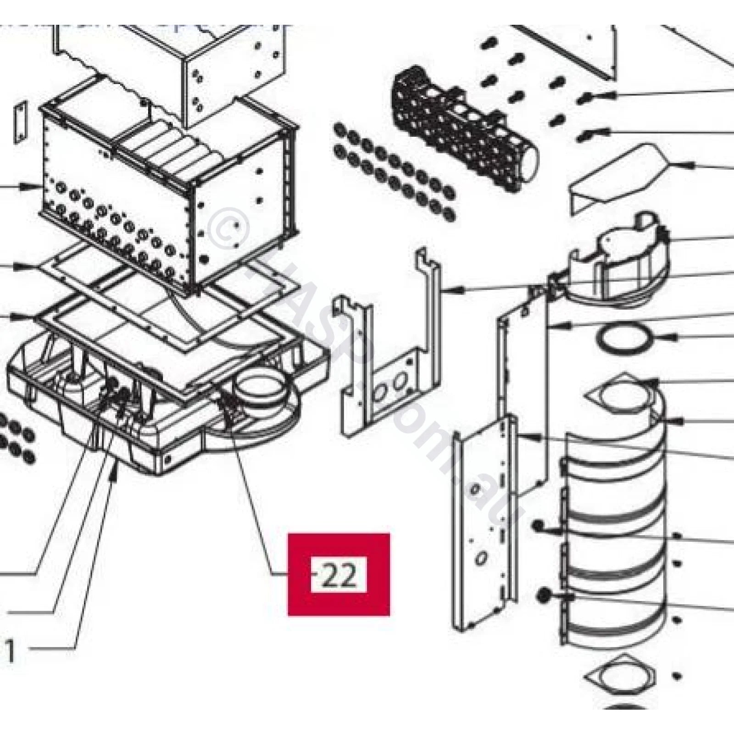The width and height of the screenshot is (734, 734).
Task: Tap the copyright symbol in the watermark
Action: [x=228, y=228]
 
